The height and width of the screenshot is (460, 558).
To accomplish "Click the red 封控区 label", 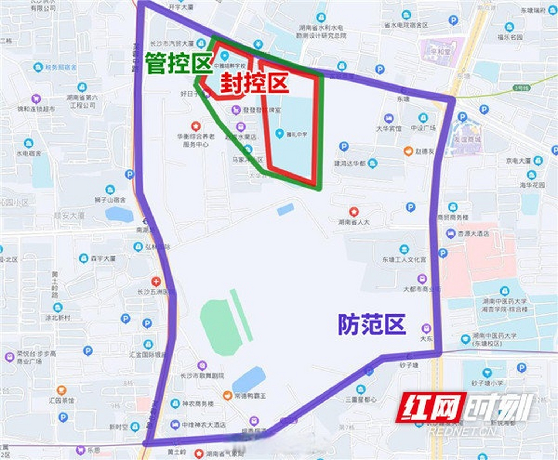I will point(255,83).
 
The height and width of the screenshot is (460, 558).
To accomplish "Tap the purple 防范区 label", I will point(372,324).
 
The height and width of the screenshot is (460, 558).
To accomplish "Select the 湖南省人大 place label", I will point(354,222).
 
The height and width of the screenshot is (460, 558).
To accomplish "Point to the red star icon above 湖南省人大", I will point(354,212).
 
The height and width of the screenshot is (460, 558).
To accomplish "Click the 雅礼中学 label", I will point(297,134).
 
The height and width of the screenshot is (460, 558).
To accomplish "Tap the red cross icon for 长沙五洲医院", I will point(156,282).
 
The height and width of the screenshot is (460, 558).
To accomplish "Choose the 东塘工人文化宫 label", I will point(404,259).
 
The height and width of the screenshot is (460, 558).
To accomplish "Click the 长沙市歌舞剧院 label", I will point(202,376).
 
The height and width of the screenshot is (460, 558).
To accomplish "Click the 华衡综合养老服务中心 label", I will point(196,141).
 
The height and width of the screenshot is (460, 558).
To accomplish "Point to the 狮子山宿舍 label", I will point(110,200).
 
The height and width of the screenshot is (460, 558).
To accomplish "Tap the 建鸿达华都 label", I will point(350,164).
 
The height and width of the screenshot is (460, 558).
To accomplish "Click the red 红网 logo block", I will point(431,408).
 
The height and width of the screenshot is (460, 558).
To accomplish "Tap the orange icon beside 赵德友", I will point(408,151).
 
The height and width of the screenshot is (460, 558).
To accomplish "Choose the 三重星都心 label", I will point(361,399).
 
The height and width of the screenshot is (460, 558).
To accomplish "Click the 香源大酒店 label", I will point(473,234).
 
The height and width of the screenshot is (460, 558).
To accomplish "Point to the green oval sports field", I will point(220,327).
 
